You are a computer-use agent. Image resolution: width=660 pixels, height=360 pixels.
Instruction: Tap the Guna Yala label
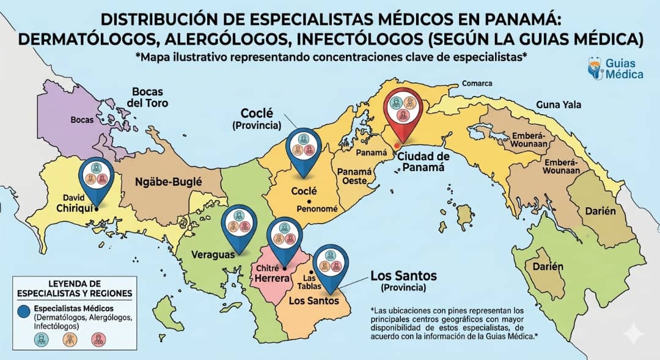(559, 105)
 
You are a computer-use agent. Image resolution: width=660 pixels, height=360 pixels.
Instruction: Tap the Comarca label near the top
(477, 83)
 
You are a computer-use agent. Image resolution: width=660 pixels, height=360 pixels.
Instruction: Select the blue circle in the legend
(23, 310)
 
